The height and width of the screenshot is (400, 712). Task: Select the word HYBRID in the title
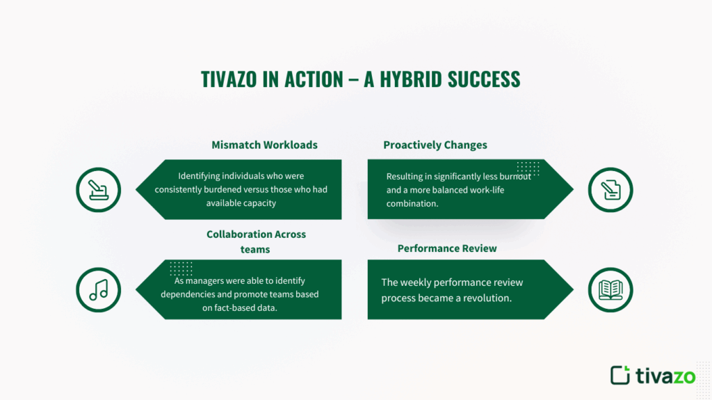(410, 79)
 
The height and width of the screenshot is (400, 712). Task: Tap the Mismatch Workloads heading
(264, 145)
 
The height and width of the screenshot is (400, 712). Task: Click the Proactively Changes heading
(435, 145)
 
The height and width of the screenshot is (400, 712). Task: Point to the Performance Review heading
(447, 248)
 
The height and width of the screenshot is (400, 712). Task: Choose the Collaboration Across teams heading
(256, 241)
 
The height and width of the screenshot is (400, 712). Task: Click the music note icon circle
(98, 289)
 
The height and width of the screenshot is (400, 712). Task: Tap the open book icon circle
(610, 289)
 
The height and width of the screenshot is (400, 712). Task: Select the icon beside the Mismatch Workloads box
(98, 189)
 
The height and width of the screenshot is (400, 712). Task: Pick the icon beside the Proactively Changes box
(610, 189)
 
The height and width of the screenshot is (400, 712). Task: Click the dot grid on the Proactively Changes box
(528, 168)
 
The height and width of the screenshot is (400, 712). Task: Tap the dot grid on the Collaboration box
(181, 269)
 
